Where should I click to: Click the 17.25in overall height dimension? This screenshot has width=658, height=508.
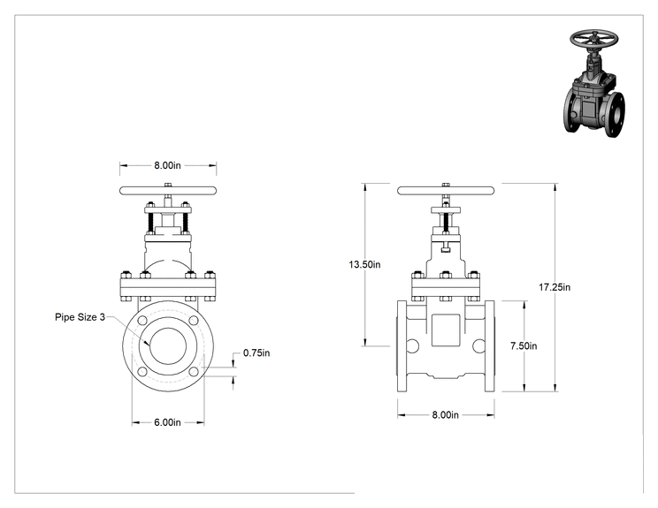click(x=555, y=287)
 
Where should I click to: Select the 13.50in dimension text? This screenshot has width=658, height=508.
click(x=364, y=264)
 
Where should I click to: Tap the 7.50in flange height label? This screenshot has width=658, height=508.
click(x=524, y=345)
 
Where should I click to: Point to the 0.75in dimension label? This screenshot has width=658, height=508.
click(x=256, y=353)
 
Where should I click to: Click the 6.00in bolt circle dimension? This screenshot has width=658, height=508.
click(x=167, y=422)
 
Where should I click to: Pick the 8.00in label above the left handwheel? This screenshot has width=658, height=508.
click(x=167, y=165)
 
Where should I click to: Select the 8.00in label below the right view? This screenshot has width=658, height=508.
click(x=445, y=415)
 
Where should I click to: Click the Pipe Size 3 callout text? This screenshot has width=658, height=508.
click(x=80, y=317)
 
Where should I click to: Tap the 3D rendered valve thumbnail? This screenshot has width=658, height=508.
click(x=593, y=83)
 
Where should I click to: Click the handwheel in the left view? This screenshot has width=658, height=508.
click(x=168, y=191)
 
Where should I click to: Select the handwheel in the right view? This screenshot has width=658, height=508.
click(x=446, y=191)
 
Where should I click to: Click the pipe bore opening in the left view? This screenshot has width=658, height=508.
click(x=168, y=346)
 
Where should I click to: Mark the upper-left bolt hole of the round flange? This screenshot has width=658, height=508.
click(x=142, y=321)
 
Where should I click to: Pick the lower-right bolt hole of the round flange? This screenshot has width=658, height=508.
click(x=194, y=372)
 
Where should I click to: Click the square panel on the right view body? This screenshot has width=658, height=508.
click(x=446, y=330)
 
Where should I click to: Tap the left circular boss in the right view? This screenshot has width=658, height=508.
click(x=412, y=345)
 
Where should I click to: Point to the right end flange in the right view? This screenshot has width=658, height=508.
click(x=490, y=346)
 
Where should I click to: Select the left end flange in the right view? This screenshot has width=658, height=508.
click(x=402, y=346)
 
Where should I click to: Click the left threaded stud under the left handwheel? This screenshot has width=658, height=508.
click(x=149, y=223)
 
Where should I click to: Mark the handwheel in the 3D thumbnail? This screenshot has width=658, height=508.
click(x=593, y=39)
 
